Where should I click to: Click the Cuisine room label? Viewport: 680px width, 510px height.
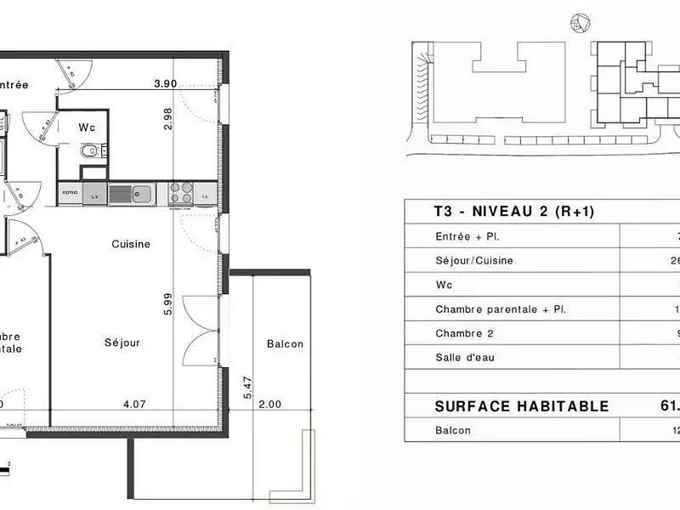[x=131, y=244]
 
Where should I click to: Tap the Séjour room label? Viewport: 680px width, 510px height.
[x=122, y=343]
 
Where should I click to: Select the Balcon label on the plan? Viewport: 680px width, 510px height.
[x=285, y=344]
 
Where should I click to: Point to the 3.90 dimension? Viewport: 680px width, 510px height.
[x=166, y=83]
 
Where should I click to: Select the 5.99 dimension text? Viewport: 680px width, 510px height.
[x=168, y=305]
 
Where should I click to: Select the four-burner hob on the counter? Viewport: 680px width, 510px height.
[x=180, y=193]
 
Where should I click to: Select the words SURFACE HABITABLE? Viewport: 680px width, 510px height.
[x=521, y=406]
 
